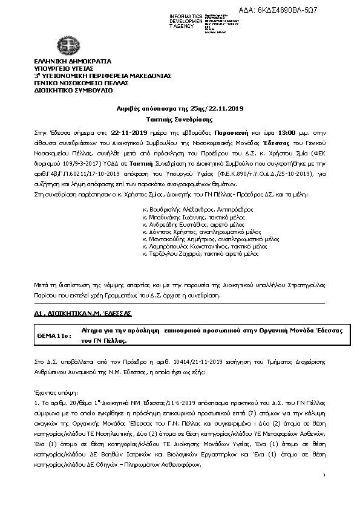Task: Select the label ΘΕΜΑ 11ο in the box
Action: pyautogui.click(x=55, y=334)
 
